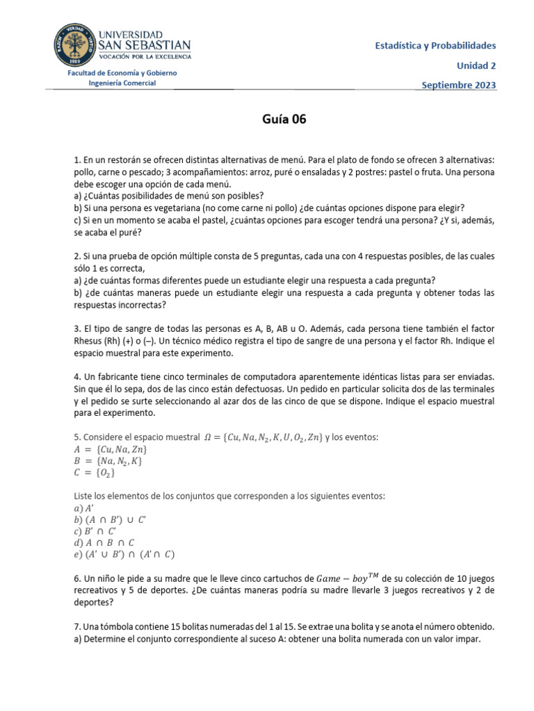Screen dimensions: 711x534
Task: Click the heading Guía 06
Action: coord(284,119)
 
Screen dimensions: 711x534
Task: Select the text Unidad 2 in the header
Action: coord(476,65)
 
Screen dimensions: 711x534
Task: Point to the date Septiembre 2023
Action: coord(459,85)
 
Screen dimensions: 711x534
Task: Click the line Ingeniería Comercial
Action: coord(122,83)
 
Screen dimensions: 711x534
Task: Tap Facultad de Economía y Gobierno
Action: coord(122,73)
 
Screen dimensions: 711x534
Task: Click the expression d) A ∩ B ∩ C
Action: coord(104,542)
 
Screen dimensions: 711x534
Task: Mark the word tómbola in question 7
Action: coord(114,626)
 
